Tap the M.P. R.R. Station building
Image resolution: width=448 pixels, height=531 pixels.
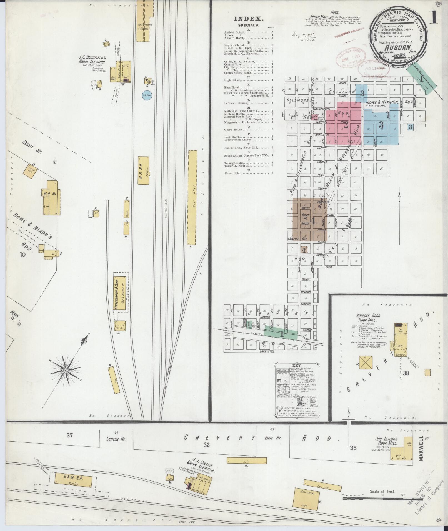point(144,170)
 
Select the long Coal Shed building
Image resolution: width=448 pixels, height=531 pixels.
point(192,197)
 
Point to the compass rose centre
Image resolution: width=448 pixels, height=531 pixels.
point(66,371)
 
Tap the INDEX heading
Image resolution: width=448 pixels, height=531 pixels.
point(249,19)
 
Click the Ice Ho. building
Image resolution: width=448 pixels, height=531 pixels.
point(120,325)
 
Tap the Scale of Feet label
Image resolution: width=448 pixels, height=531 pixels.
point(382,492)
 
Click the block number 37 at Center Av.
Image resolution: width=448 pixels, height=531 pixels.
point(69,435)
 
